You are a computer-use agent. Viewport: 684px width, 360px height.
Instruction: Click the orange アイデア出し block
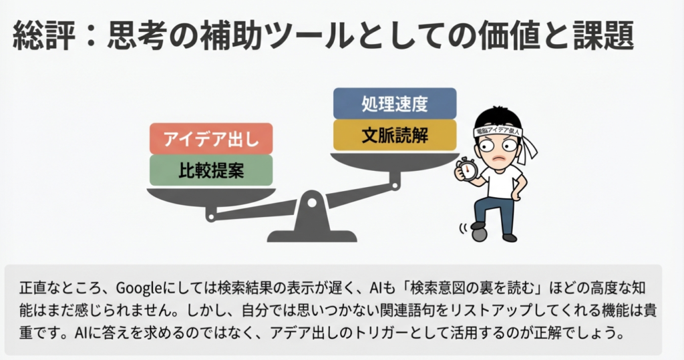(x=211, y=139)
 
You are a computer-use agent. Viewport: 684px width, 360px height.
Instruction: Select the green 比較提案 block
(x=211, y=170)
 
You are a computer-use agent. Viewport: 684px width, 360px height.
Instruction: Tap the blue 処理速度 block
(x=394, y=104)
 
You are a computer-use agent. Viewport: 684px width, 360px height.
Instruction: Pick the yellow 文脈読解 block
(x=394, y=135)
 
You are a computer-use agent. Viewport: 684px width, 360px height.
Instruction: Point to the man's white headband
(x=498, y=132)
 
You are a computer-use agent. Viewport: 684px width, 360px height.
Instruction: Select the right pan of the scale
(x=394, y=160)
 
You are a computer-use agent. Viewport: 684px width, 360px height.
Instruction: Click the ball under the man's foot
(x=478, y=234)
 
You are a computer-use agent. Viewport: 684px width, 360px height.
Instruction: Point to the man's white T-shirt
(x=501, y=179)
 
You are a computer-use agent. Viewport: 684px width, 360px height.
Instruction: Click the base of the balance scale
(x=312, y=236)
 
